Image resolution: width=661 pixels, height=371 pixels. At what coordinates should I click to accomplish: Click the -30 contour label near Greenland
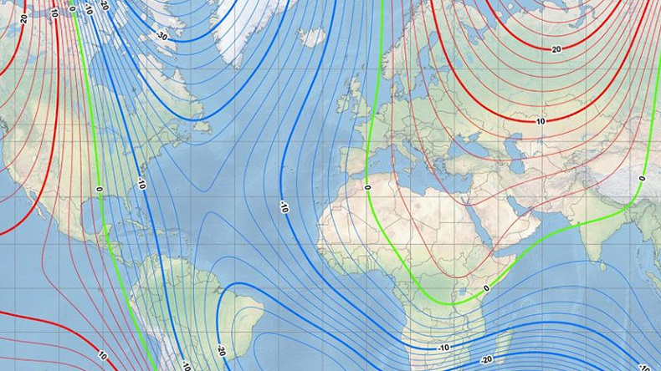point(161,36)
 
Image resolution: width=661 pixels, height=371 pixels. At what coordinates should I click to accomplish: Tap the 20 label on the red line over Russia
point(556,49)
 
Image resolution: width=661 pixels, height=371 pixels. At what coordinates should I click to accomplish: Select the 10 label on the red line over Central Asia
point(541,121)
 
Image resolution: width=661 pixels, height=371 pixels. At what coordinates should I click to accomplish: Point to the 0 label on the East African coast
point(486,287)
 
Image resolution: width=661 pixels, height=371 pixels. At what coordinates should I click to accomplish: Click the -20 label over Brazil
point(221,351)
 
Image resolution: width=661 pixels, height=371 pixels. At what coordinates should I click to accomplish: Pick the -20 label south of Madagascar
point(486,359)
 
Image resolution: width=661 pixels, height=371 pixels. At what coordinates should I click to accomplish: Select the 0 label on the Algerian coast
point(367,187)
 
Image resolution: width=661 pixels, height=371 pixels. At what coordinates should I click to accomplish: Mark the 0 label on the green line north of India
point(642,178)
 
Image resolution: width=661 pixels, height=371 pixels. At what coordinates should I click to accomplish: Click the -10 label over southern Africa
point(443,346)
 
